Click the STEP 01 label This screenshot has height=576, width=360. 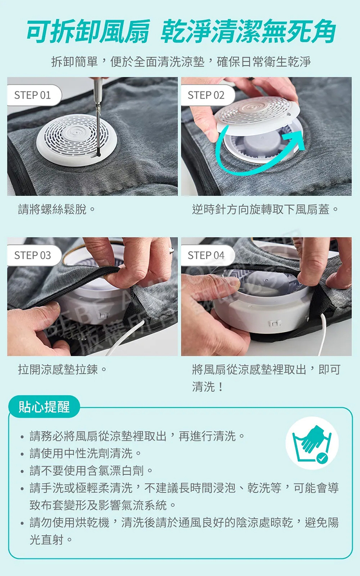coord(33,95)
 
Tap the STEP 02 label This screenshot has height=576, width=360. coord(206,95)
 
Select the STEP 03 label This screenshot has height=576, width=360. coord(33,256)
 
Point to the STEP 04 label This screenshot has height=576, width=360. coord(206,256)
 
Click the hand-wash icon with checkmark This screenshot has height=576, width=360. coord(312,443)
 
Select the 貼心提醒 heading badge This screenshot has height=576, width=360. coord(44,407)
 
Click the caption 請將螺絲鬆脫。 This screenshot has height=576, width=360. coord(56,210)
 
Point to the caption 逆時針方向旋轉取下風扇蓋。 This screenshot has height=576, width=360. coord(265,210)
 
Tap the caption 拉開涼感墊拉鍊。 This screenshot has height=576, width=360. coord(63,370)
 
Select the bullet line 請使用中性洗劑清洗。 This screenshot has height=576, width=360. coord(85,453)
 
